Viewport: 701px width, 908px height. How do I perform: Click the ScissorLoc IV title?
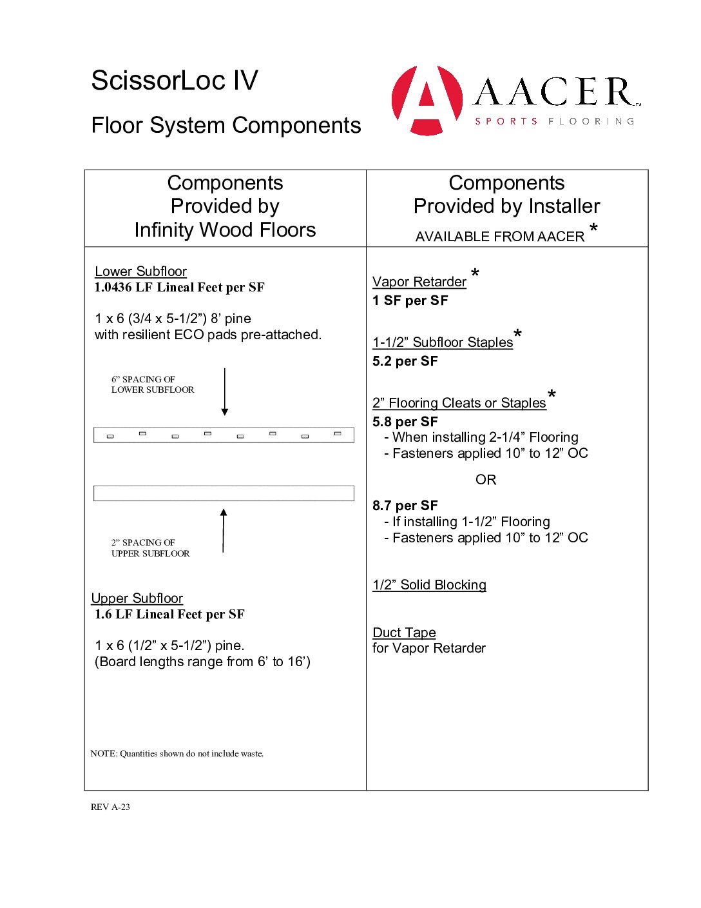175,81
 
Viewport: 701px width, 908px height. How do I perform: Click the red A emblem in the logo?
427,100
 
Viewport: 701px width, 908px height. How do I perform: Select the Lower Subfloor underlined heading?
140,271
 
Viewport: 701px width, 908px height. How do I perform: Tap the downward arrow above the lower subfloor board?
225,392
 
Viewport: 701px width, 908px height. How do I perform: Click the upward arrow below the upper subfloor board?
224,530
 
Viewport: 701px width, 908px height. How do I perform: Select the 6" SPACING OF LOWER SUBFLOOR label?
153,384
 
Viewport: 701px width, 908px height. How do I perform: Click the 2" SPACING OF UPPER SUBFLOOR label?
150,548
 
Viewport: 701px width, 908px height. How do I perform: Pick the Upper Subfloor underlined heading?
137,598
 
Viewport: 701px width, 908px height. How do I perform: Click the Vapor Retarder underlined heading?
419,282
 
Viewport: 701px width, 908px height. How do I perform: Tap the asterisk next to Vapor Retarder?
475,274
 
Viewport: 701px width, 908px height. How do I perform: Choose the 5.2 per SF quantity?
405,361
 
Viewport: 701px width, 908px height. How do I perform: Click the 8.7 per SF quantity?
405,506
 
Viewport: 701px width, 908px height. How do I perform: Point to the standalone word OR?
486,480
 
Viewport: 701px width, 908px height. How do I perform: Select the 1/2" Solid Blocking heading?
429,585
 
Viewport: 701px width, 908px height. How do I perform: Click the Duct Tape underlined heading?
404,633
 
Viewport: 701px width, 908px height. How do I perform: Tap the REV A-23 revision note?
110,807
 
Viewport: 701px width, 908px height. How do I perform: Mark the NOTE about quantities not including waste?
177,753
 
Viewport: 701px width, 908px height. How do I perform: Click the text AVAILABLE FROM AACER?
500,237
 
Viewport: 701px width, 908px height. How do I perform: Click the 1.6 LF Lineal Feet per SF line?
169,615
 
